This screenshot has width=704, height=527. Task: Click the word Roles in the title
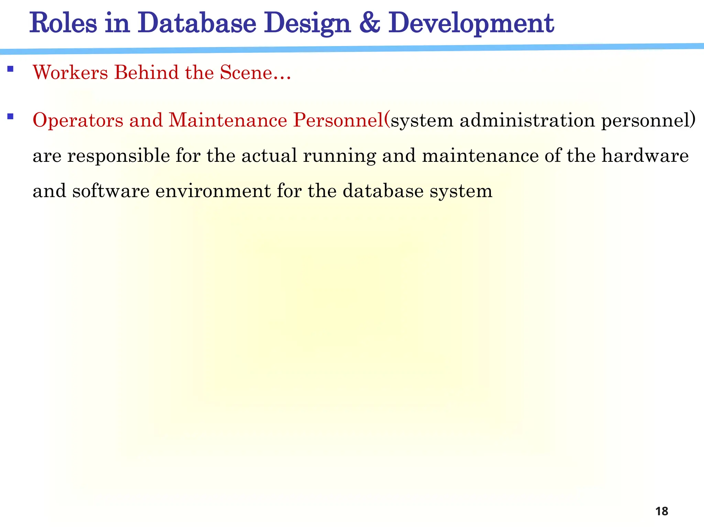click(x=63, y=23)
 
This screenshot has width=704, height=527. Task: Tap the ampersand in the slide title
click(x=370, y=23)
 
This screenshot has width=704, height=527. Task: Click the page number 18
click(x=661, y=511)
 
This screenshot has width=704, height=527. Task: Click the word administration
click(x=527, y=120)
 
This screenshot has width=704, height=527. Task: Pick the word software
click(x=111, y=191)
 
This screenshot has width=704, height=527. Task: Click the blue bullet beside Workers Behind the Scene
click(x=10, y=69)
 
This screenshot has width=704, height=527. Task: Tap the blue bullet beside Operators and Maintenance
click(x=10, y=116)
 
